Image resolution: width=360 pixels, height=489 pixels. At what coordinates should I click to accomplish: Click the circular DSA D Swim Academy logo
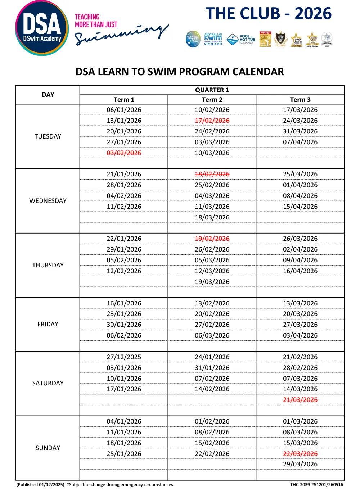pos(42,28)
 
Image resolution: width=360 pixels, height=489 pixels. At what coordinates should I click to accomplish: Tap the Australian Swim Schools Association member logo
pos(213,39)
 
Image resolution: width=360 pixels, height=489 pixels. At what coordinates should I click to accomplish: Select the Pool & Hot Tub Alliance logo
pos(242,39)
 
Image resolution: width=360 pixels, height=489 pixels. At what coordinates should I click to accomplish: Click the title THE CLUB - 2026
pos(269,14)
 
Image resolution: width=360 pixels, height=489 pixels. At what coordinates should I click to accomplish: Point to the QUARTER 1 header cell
pos(212,90)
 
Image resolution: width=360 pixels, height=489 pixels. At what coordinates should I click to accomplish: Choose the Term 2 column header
pos(212,100)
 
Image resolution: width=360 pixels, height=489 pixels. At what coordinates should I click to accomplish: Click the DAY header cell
pos(48,95)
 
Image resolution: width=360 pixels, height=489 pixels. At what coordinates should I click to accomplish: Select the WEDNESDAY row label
pos(48,201)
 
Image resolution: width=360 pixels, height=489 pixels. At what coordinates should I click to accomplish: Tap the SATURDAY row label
pos(48,383)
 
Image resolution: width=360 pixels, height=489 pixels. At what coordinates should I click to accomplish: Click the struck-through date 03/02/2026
pos(124,153)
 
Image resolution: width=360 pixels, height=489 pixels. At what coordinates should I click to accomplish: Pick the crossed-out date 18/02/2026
pos(212,174)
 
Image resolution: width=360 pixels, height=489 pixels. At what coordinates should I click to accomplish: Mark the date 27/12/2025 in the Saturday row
pos(124,357)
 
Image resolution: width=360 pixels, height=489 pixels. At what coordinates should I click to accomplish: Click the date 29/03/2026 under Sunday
pos(300,464)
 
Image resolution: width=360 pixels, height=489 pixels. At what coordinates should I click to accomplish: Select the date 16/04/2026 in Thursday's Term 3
pos(300,271)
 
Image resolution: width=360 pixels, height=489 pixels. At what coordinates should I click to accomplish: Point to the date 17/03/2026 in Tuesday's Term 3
pos(300,110)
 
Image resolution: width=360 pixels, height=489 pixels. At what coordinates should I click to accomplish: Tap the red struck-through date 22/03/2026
pos(300,454)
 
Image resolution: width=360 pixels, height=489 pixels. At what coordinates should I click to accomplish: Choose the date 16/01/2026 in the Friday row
pos(124,303)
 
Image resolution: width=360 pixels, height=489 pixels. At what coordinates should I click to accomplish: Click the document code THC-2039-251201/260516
pos(316,485)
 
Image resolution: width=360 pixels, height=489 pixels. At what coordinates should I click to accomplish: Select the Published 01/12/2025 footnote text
pos(40,485)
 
